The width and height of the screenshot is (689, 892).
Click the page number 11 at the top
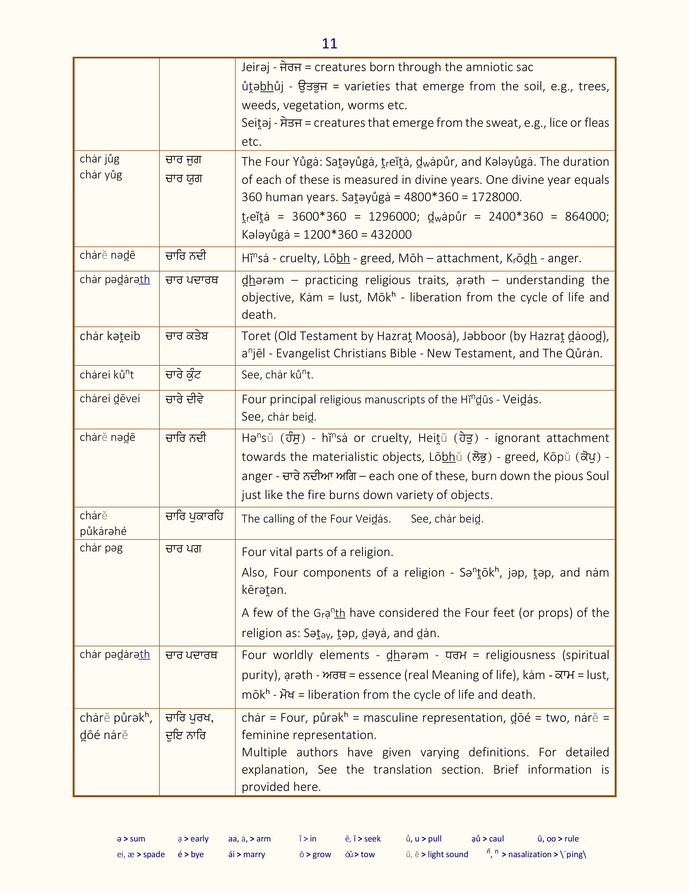point(329,44)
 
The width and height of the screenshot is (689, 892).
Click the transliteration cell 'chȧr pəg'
point(101,548)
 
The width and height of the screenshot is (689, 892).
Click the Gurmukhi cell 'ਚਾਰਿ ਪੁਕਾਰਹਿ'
point(194,517)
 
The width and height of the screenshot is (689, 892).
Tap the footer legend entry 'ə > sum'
point(131,838)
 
